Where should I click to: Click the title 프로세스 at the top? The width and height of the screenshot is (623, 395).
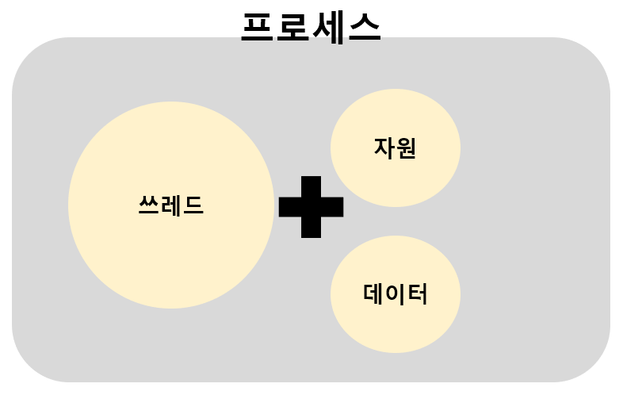pos(311,27)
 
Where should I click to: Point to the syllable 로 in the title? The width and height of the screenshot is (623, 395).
pos(293,27)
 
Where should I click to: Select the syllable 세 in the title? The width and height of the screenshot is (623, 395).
pos(328,27)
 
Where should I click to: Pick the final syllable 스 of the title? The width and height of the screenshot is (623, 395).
pos(363,27)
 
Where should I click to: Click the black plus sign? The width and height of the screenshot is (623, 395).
pos(311,206)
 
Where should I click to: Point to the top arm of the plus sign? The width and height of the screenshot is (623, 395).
pos(311,186)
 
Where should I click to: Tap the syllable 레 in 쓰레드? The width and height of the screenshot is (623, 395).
pos(171,205)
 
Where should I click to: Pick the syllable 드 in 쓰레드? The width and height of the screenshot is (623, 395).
pos(193,205)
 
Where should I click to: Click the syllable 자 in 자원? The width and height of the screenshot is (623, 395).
pos(384,148)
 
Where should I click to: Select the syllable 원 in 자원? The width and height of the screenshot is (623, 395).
pos(406,148)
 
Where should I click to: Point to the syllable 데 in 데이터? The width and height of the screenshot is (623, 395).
pos(373,294)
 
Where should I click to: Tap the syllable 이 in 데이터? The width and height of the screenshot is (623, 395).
pos(395,294)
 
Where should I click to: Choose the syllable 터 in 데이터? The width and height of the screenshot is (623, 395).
pos(417,294)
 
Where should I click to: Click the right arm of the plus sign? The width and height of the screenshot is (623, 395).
pos(334,206)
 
